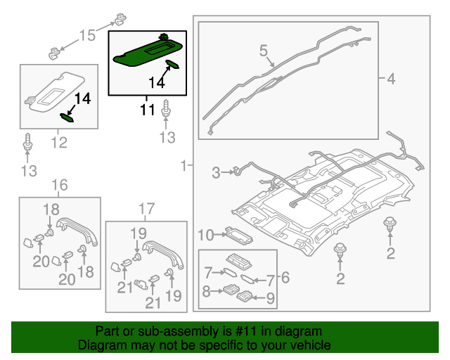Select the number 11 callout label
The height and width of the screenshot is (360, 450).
coord(146,110)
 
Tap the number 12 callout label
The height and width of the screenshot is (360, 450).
coord(58,143)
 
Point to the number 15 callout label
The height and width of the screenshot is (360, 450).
coord(87,35)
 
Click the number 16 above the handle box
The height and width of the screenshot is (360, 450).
coord(60,185)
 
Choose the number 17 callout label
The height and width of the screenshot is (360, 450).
coord(146,208)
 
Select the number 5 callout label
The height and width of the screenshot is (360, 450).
coord(264,51)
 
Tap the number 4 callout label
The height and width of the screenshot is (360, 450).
coord(390,79)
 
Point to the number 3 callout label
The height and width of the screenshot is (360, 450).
coord(217,171)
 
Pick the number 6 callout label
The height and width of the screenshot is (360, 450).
coord(285,278)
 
